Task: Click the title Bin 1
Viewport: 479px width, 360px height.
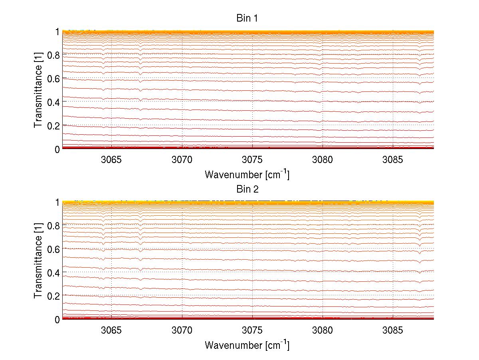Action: point(247,18)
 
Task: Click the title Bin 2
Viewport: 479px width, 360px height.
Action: point(247,189)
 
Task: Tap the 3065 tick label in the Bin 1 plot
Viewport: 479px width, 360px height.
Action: point(111,160)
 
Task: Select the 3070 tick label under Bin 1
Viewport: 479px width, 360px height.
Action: point(182,160)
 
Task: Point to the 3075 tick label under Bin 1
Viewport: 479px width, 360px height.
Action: point(252,160)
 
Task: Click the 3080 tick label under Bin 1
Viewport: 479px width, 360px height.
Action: point(323,160)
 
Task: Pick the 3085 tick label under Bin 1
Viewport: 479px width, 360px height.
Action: point(393,160)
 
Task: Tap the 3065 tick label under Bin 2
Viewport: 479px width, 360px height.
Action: point(111,331)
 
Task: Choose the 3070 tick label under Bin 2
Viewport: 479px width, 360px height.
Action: point(182,331)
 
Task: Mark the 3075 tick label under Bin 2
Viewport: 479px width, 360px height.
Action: point(252,331)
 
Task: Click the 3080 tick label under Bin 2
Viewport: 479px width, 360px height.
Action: point(323,331)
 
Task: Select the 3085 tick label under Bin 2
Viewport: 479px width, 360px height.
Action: point(393,331)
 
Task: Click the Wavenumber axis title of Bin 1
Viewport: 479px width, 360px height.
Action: point(247,174)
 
